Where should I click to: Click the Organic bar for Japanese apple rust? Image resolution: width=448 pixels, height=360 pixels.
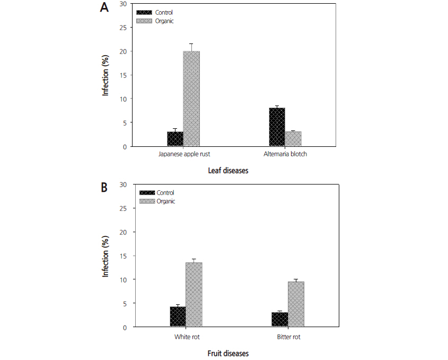191,99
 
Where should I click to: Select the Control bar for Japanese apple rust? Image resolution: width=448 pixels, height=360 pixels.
175,139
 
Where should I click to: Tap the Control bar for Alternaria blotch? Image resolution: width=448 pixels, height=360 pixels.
277,127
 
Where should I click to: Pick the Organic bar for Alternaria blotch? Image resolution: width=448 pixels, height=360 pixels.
293,139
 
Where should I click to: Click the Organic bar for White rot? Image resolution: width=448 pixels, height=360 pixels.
194,295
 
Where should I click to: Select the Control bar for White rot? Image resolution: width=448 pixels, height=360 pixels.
178,317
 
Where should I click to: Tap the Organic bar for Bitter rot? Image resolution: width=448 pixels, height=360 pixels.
296,304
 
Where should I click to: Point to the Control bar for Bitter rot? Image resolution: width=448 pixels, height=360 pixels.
279,320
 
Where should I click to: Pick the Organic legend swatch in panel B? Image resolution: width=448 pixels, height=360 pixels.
147,201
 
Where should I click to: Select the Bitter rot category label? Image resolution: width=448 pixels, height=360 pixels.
288,337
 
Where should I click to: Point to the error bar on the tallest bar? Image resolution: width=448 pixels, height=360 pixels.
191,47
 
